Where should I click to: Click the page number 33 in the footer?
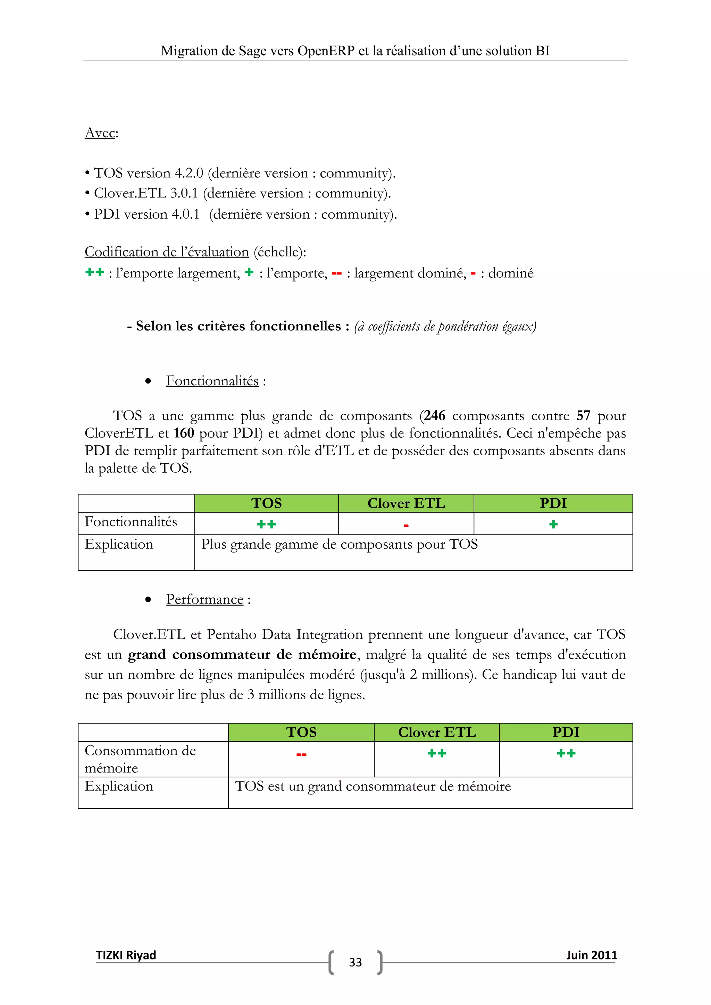point(355,962)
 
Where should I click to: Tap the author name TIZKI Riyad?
point(126,955)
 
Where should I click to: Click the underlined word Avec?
point(100,133)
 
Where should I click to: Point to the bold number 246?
point(434,415)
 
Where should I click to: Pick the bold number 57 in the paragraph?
point(583,415)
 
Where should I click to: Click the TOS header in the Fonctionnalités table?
point(266,504)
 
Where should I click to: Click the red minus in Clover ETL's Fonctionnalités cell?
point(406,525)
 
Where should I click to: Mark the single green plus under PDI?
point(553,524)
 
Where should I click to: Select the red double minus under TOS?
point(301,754)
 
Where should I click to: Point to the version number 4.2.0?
point(189,173)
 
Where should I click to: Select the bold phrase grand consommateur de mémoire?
point(242,654)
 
